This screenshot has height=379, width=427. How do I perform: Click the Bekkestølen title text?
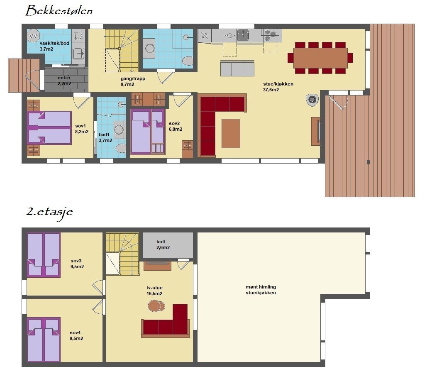59,11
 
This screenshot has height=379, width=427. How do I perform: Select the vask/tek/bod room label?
54,43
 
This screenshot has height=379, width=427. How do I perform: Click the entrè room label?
64,78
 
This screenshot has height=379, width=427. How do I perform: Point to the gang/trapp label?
133,79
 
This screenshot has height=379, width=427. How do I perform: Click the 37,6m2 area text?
271,90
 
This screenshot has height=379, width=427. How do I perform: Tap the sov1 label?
81,126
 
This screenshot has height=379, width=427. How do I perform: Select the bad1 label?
104,134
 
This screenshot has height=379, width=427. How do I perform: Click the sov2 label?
174,123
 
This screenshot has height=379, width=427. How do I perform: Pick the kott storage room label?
161,242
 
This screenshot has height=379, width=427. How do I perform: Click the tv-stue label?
154,288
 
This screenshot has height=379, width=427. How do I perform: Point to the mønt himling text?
261,287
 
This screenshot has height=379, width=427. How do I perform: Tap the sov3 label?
76,261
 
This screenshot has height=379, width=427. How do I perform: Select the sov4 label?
75,333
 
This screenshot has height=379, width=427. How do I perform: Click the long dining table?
320,58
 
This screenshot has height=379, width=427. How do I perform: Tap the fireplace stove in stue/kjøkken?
312,100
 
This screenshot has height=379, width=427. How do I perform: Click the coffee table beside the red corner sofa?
231,133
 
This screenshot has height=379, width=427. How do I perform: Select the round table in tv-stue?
156,306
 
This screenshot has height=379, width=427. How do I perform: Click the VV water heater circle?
34,36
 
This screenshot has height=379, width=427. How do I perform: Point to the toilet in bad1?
121,149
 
